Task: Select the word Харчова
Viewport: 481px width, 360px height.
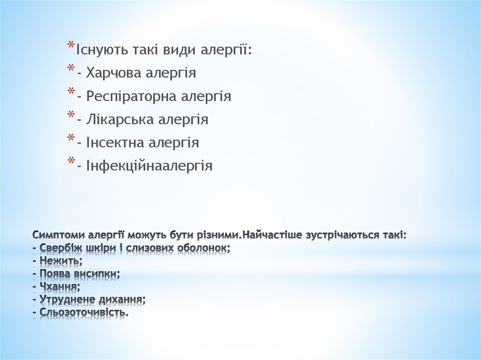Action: point(112,73)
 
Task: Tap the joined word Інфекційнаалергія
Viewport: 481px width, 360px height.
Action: point(149,166)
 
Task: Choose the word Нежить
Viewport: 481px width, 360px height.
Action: point(61,260)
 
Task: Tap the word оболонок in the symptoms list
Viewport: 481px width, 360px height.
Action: point(208,247)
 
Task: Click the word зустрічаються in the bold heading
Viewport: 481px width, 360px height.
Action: point(335,234)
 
